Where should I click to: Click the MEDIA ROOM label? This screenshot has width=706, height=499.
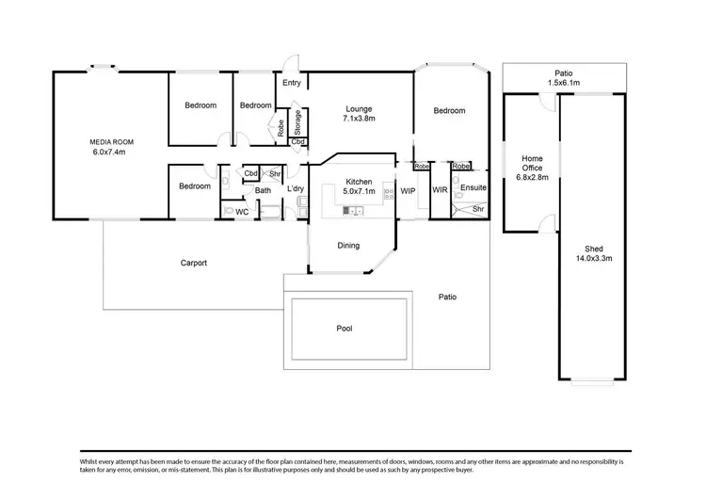[x=108, y=141]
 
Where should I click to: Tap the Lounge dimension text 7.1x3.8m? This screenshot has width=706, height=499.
[x=360, y=120]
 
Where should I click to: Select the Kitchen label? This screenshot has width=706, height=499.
[x=360, y=182]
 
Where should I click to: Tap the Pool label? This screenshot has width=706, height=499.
[x=345, y=329]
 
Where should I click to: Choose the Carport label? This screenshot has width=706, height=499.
[x=194, y=263]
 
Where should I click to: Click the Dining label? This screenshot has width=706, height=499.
[x=349, y=246]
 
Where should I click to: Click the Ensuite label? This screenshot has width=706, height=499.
[x=473, y=188]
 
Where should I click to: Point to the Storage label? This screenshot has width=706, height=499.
[x=297, y=123]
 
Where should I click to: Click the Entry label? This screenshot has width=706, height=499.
[x=292, y=83]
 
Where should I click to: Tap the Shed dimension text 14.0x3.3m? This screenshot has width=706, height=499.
[x=594, y=257]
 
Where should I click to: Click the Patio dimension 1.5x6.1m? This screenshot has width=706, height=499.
[x=563, y=83]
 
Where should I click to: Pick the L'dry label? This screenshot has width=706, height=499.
[x=296, y=189]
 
